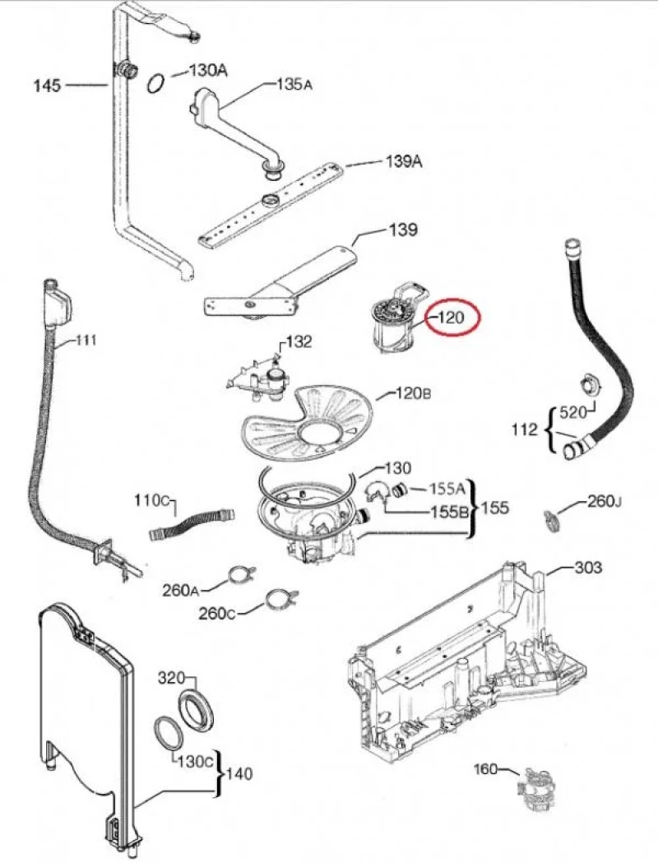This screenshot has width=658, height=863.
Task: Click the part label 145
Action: tap(47, 84)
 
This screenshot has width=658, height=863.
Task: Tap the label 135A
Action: tap(294, 84)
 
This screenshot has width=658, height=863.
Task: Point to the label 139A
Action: tap(404, 162)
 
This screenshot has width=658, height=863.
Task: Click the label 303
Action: tap(587, 568)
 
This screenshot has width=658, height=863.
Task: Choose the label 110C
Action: tap(153, 501)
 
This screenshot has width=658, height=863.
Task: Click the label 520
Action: tap(572, 411)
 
